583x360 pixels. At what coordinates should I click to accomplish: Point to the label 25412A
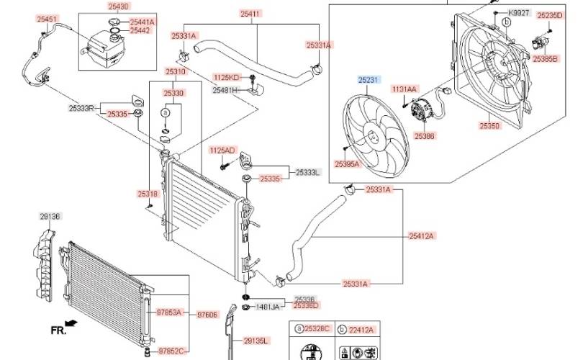(421, 235)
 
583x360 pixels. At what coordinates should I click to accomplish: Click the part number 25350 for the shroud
(489, 125)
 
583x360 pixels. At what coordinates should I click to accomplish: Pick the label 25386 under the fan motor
(424, 135)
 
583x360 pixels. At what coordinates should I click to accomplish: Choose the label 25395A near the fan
(347, 164)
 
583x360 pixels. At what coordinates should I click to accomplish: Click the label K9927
(518, 13)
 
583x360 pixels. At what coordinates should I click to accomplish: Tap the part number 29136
(50, 215)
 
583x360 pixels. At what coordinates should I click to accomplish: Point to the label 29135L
(256, 341)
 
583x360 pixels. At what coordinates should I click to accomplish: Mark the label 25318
(148, 194)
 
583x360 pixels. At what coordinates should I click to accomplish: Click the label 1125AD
(222, 150)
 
